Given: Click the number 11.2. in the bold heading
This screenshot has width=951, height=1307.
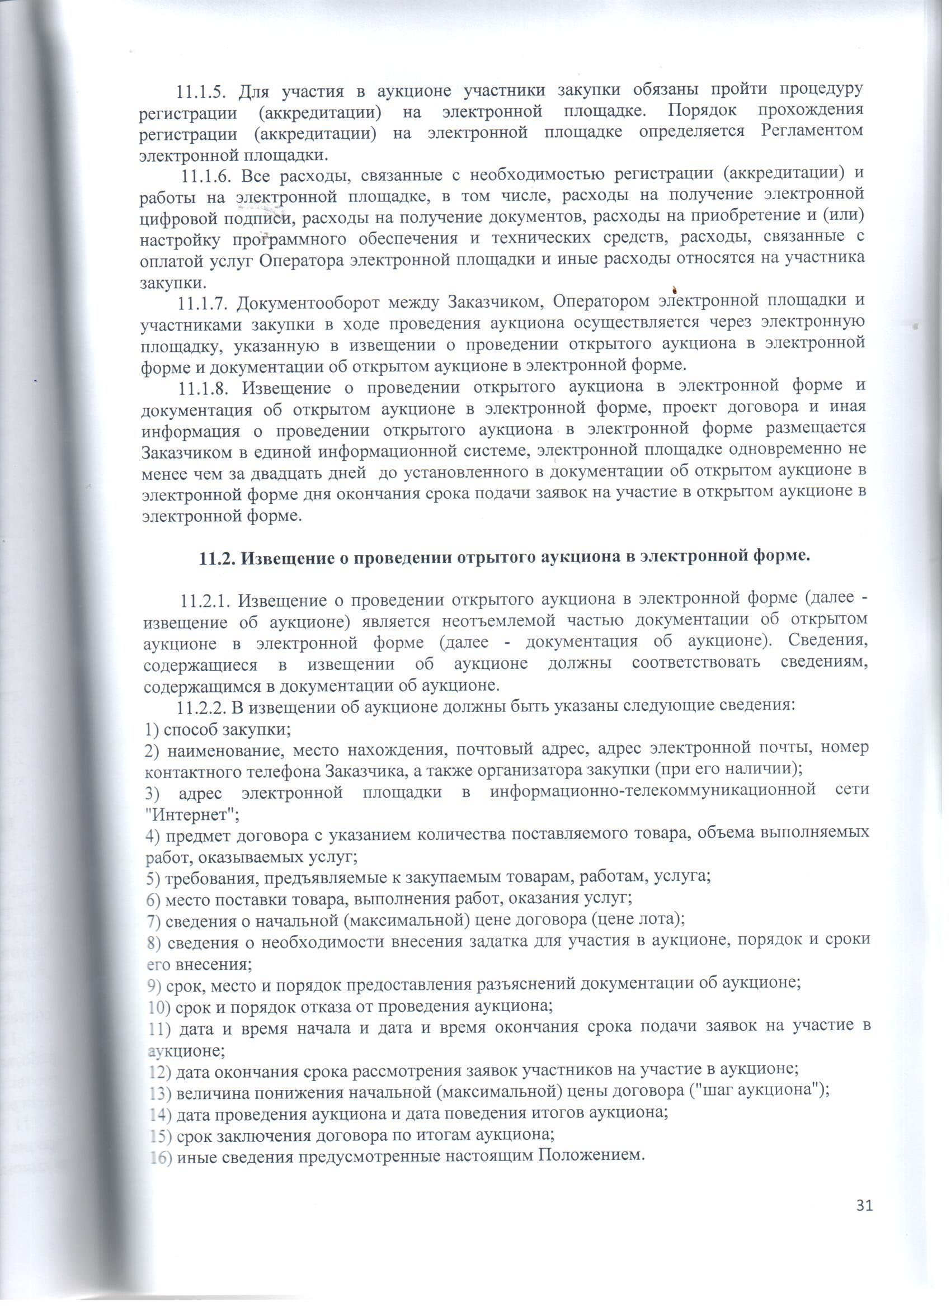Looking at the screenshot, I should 216,557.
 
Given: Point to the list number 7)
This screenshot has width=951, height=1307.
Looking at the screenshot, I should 154,921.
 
